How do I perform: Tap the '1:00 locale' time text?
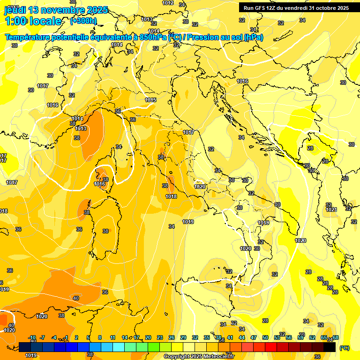pyautogui.click(x=33, y=21)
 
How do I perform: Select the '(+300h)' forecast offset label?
pyautogui.click(x=83, y=21)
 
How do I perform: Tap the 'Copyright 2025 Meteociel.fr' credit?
pyautogui.click(x=199, y=357)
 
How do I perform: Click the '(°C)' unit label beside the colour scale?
pyautogui.click(x=345, y=348)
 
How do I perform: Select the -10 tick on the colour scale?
pyautogui.click(x=32, y=337)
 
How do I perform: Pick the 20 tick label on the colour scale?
pyautogui.click(x=148, y=337)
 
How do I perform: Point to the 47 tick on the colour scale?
pyautogui.click(x=254, y=337)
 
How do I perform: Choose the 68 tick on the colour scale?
pyautogui.click(x=336, y=337)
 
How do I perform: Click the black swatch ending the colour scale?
pyautogui.click(x=330, y=347)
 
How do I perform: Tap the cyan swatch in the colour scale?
pyautogui.click(x=119, y=347)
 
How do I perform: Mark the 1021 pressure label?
pyautogui.click(x=331, y=210)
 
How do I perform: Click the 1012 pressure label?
pyautogui.click(x=168, y=3)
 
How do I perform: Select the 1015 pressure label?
pyautogui.click(x=150, y=100)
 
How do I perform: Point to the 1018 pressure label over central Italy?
pyautogui.click(x=171, y=197)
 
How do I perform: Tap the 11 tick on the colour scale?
pyautogui.click(x=113, y=337)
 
